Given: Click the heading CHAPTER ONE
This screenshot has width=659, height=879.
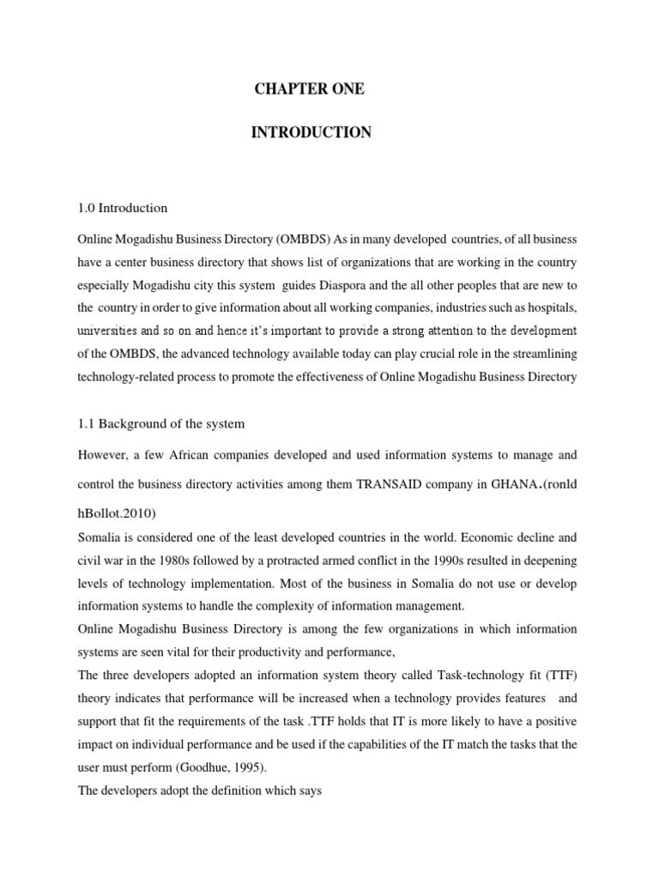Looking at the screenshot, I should tap(308, 89).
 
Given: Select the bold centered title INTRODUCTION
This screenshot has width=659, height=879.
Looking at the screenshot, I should tap(311, 132).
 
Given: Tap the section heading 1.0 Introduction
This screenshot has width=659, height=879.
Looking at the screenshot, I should tap(123, 208).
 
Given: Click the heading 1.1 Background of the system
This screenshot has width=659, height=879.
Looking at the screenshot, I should tap(161, 423).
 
